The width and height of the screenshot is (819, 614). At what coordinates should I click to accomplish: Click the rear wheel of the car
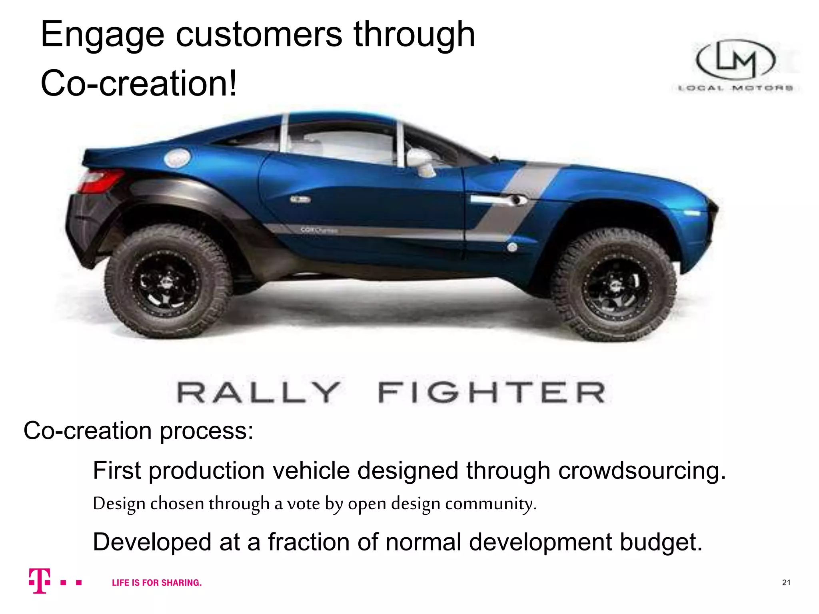pyautogui.click(x=168, y=282)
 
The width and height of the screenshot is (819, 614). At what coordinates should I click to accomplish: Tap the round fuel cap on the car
pyautogui.click(x=177, y=158)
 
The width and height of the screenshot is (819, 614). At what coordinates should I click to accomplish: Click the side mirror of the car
pyautogui.click(x=420, y=160)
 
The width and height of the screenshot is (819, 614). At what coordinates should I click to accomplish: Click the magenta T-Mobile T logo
pyautogui.click(x=40, y=581)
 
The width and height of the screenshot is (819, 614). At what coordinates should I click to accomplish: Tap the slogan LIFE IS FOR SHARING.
pyautogui.click(x=157, y=583)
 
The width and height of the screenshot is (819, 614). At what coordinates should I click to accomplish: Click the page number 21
pyautogui.click(x=786, y=582)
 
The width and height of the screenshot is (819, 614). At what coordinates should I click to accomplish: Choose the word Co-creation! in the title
pyautogui.click(x=139, y=83)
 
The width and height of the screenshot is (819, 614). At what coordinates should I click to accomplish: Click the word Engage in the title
pyautogui.click(x=102, y=35)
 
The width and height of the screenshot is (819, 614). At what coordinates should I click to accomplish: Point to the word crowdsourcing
pyautogui.click(x=642, y=470)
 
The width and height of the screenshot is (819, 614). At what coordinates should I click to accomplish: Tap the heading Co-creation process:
pyautogui.click(x=138, y=431)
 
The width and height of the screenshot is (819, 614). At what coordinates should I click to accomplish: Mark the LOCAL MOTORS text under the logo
pyautogui.click(x=736, y=88)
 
